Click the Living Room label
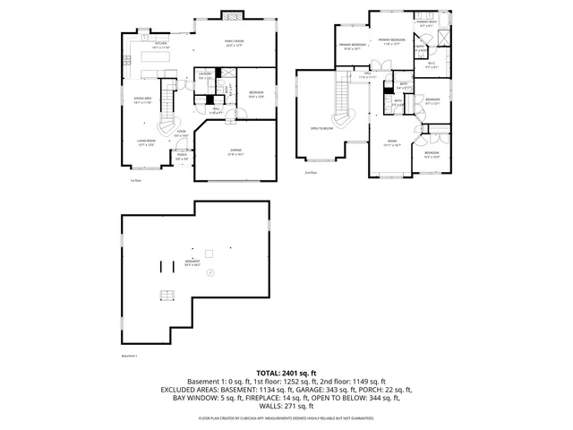click(146, 142)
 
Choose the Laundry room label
click(204, 75)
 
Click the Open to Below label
click(321, 128)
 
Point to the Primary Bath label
click(424, 24)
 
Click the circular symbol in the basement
click(210, 272)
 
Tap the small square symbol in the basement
click(208, 252)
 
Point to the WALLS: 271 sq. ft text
click(286, 406)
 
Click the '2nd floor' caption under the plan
click(311, 171)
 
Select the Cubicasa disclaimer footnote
click(286, 418)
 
